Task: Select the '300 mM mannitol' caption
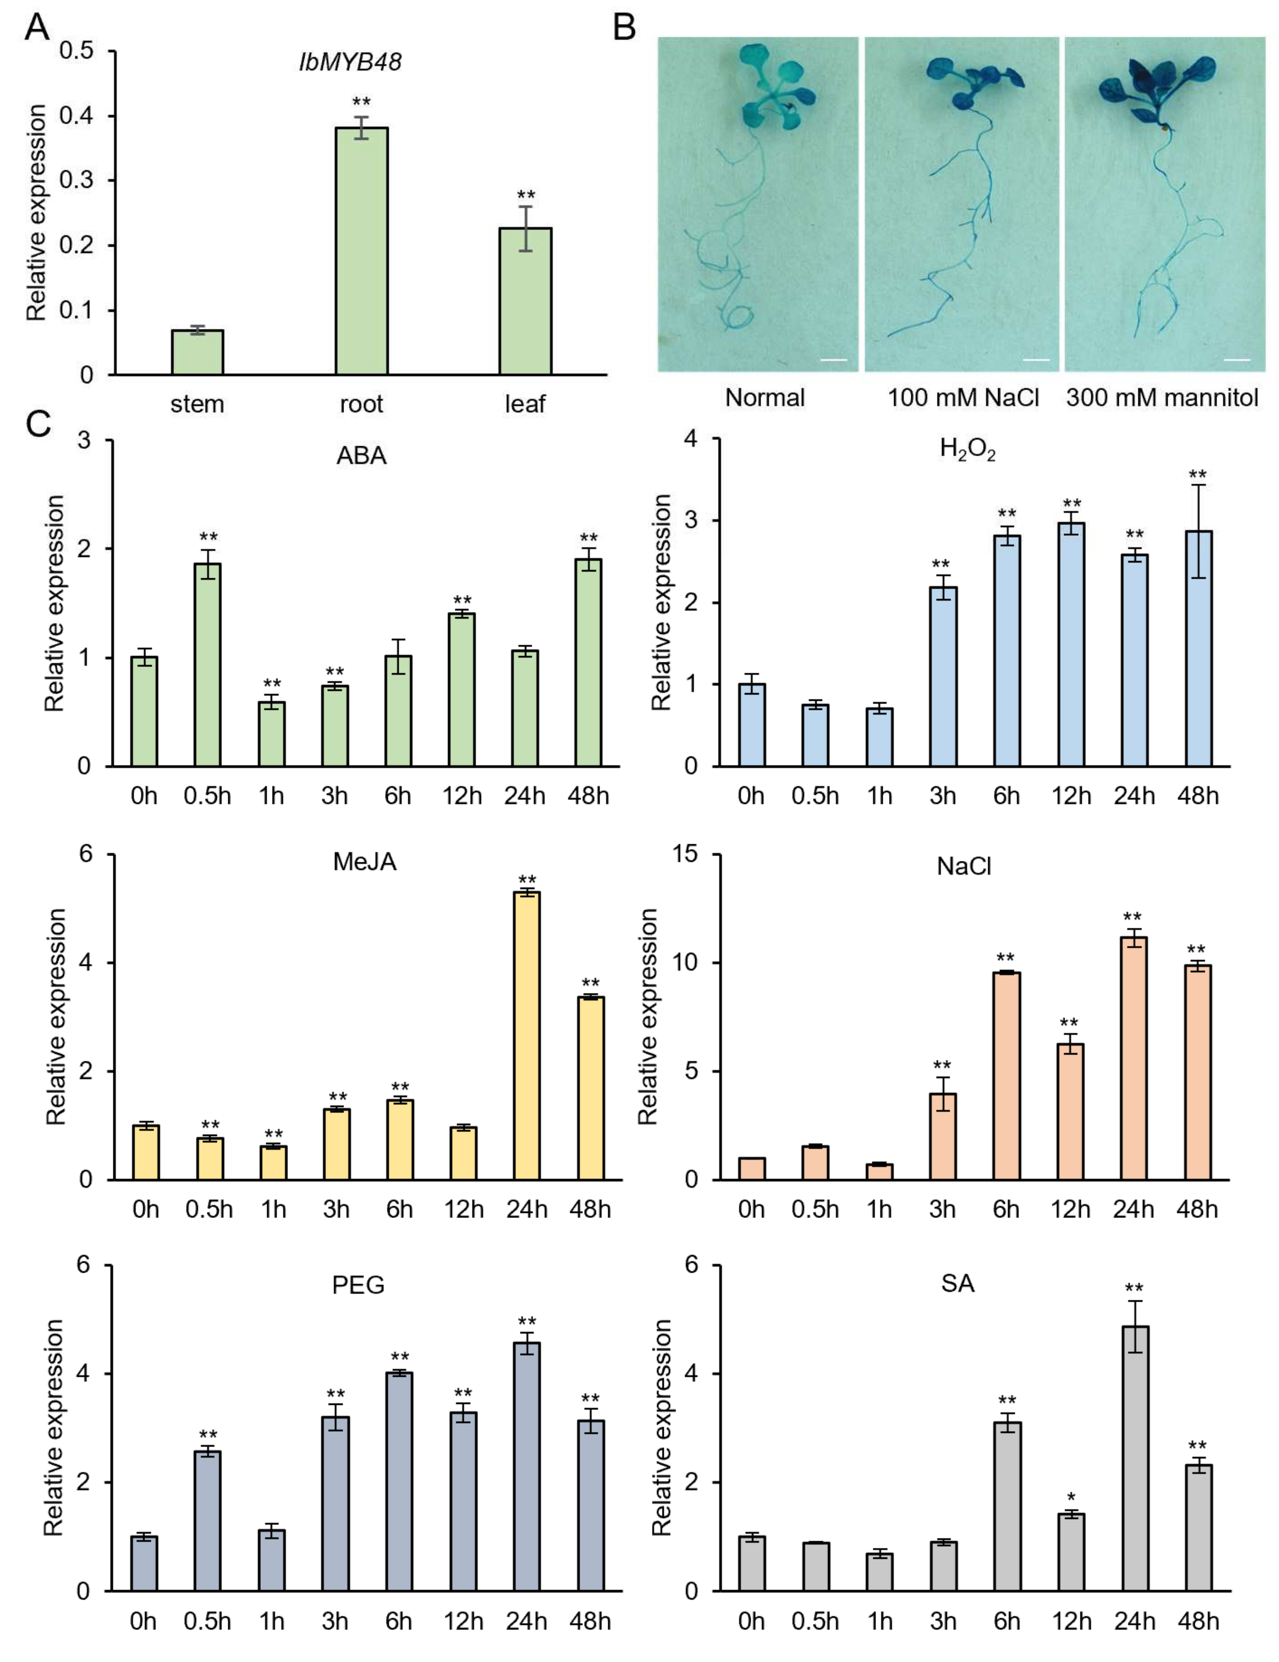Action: click(x=1162, y=397)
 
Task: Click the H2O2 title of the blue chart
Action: click(x=967, y=450)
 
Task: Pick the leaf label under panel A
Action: click(x=525, y=404)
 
